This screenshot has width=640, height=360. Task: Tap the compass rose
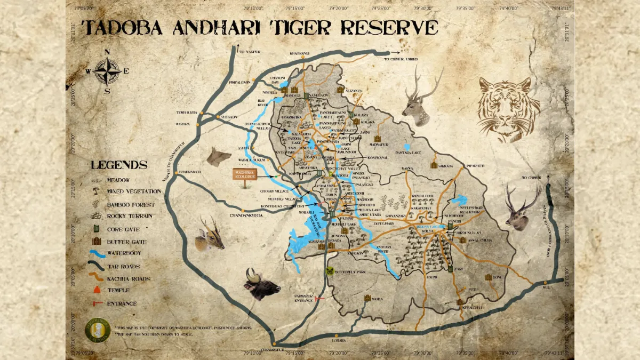pyautogui.click(x=108, y=71)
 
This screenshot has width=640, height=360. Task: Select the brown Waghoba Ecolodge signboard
pyautogui.click(x=245, y=174)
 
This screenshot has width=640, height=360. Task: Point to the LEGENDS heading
pyautogui.click(x=119, y=165)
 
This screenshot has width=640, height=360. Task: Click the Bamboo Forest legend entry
pyautogui.click(x=130, y=204)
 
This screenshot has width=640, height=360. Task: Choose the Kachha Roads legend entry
pyautogui.click(x=129, y=278)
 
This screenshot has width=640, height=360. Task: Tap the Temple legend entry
pyautogui.click(x=118, y=291)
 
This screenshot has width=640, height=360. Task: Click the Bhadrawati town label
pyautogui.click(x=194, y=172)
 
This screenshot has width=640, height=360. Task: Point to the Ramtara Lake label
pyautogui.click(x=409, y=153)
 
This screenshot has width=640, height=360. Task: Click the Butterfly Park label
pyautogui.click(x=350, y=272)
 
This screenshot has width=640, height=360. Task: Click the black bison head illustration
pyautogui.click(x=261, y=285)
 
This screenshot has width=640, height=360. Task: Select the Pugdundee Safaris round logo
pyautogui.click(x=98, y=330)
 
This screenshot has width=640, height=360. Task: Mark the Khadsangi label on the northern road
pyautogui.click(x=299, y=53)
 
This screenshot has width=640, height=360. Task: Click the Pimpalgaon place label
pyautogui.click(x=241, y=84)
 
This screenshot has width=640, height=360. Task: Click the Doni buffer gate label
pyautogui.click(x=497, y=277)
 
